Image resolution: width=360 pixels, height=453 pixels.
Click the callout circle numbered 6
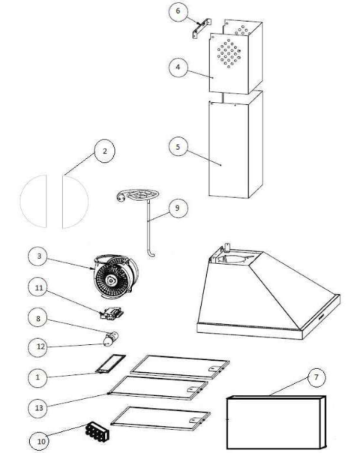tap(178, 11)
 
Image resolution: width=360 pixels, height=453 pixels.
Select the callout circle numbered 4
tap(178, 67)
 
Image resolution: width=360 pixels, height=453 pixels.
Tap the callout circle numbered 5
tap(178, 147)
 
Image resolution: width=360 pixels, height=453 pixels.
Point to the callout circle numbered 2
tap(104, 151)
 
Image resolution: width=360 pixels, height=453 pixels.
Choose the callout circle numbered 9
tap(178, 208)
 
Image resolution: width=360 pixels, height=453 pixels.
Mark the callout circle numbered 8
tap(37, 319)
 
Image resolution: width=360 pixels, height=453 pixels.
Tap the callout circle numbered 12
tap(37, 346)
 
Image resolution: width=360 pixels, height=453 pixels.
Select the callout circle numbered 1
tap(37, 377)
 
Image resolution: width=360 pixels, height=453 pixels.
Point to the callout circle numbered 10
tap(39, 441)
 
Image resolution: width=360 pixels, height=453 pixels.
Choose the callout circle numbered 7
tap(316, 377)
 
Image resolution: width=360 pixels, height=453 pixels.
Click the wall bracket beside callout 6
tap(202, 28)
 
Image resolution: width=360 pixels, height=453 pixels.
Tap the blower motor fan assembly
tap(115, 277)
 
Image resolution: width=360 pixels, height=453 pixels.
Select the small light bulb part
tap(111, 338)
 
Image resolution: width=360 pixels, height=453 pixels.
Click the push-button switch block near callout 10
tap(97, 431)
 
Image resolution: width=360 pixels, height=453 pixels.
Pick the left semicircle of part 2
tap(34, 201)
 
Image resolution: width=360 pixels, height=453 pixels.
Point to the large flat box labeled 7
tap(277, 422)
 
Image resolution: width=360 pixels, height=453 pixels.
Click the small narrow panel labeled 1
tap(111, 364)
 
